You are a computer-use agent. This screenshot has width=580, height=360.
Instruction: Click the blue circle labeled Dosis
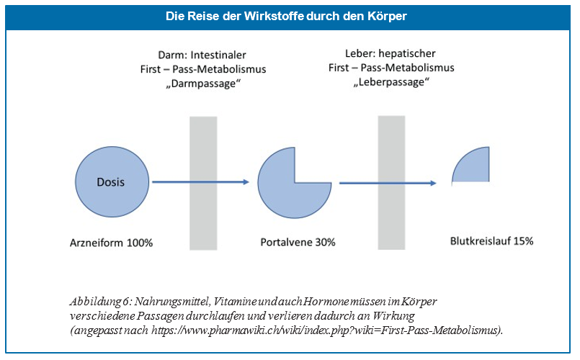click(110, 183)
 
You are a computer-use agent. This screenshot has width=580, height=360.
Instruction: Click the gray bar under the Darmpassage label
click(202, 183)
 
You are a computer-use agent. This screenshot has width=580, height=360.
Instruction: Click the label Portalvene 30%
click(298, 242)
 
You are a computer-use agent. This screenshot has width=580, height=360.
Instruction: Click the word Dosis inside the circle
click(110, 182)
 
